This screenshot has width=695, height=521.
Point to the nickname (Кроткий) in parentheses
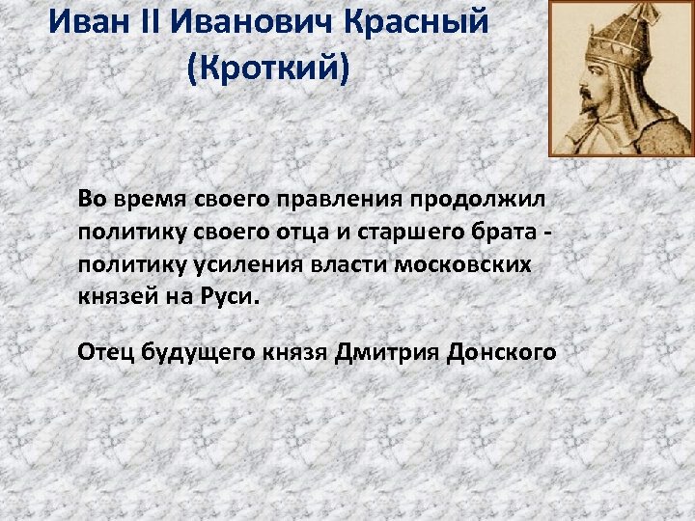coord(268,69)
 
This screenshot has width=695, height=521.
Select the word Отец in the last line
coord(105,352)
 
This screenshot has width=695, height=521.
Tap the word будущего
coord(198,352)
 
